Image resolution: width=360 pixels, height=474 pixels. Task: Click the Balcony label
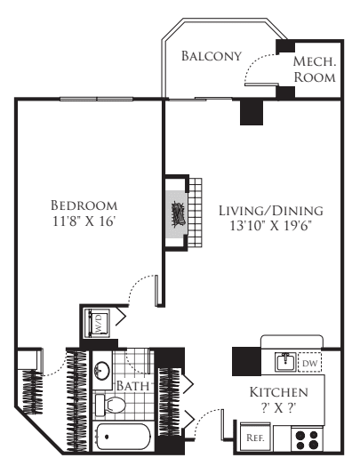211,56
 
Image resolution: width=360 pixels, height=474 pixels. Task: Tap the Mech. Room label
316,69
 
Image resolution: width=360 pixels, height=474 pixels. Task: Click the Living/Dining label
270,211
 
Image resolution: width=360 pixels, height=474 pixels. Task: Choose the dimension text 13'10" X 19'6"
270,228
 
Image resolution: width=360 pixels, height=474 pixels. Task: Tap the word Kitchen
278,391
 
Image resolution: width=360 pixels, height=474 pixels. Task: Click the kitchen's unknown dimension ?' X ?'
278,408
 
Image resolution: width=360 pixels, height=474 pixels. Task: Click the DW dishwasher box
310,362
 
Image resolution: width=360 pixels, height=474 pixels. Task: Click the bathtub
129,439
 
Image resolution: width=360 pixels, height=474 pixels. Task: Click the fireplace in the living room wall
177,216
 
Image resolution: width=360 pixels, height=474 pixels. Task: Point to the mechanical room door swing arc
258,64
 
